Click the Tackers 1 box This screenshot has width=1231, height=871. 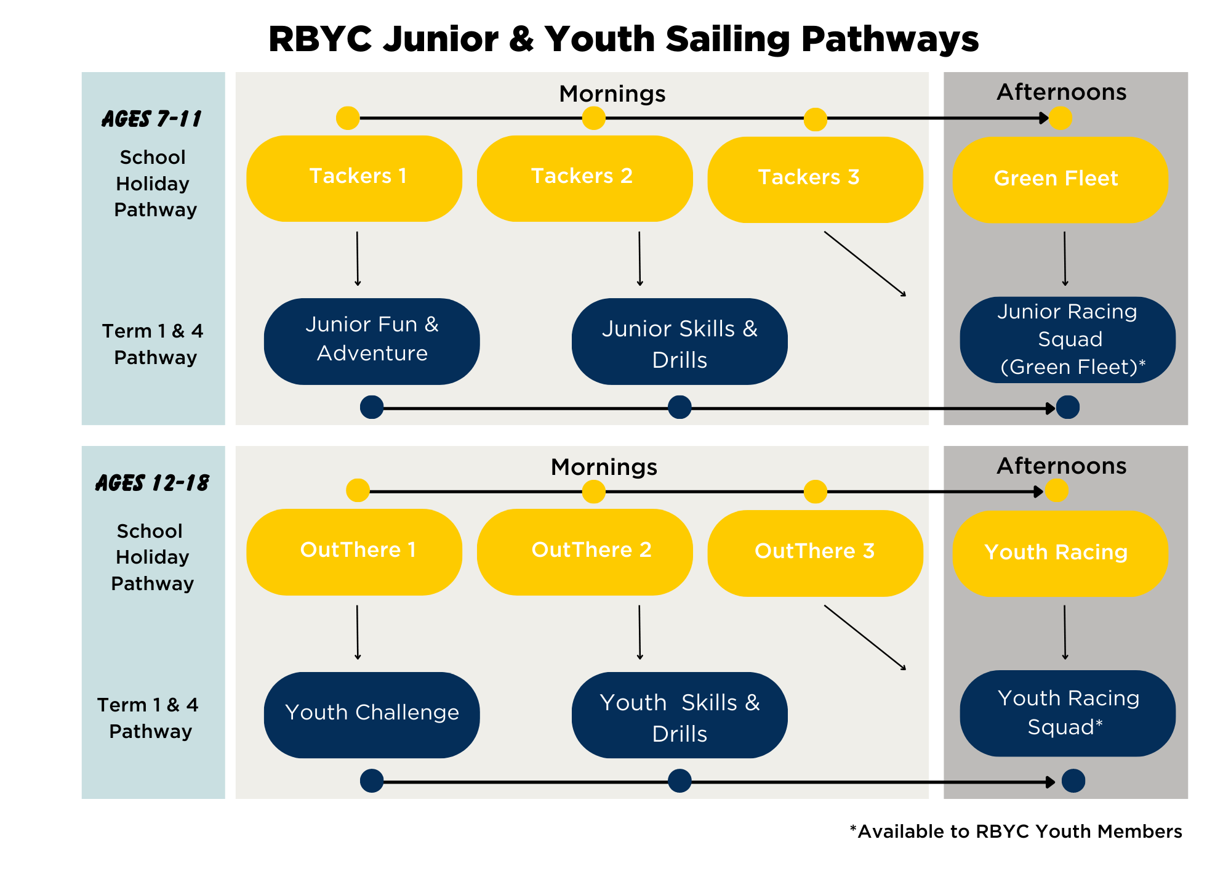(354, 178)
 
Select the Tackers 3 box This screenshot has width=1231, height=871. (815, 179)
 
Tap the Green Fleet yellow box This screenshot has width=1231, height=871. (1060, 179)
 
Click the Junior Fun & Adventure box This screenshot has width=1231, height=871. (372, 341)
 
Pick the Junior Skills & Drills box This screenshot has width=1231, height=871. (680, 341)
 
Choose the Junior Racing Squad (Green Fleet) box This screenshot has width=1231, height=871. (1067, 340)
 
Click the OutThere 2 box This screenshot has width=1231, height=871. (585, 551)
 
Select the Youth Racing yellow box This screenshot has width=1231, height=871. (1060, 553)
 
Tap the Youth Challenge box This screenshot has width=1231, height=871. (372, 715)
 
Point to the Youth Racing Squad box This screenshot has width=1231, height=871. (1067, 713)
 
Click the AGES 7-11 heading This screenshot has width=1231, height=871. (152, 119)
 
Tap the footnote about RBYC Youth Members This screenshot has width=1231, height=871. (1016, 832)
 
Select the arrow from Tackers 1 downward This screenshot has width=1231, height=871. (358, 259)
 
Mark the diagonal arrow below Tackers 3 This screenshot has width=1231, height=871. (865, 264)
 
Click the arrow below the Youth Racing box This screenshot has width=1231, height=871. (1065, 633)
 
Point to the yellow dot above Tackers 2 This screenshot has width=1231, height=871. (594, 118)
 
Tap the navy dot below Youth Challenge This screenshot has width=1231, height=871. (372, 780)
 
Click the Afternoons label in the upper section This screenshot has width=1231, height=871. (1062, 92)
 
